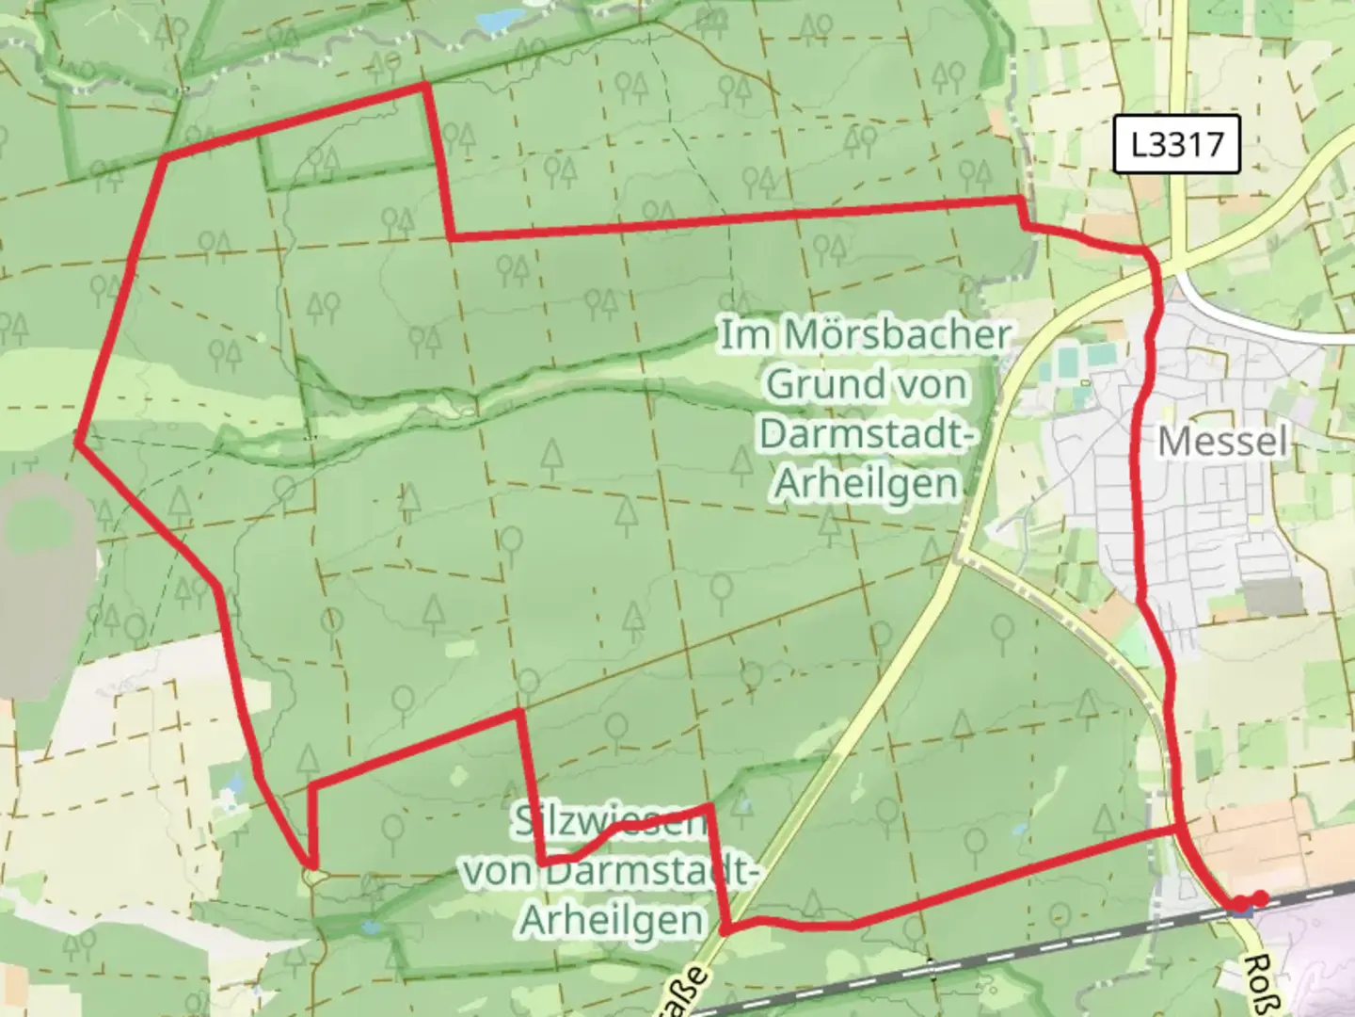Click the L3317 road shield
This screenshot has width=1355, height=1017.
tap(1176, 144)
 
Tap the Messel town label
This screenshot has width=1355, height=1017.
tap(1222, 441)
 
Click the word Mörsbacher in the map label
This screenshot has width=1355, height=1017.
tap(897, 334)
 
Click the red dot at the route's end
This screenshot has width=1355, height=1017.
tap(1259, 898)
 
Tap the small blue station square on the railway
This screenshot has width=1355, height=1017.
tap(1243, 910)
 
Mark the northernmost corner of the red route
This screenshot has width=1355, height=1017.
tap(425, 86)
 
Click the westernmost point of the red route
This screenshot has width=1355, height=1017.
tap(77, 442)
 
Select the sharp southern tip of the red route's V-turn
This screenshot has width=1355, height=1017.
tap(310, 863)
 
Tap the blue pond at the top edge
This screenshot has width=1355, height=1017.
tap(498, 19)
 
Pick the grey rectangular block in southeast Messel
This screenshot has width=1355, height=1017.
tap(1272, 596)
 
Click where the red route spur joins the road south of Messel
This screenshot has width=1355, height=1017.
tap(1180, 830)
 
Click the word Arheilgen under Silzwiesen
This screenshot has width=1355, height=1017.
tap(612, 920)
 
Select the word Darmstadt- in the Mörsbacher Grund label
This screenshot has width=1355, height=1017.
tap(864, 434)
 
